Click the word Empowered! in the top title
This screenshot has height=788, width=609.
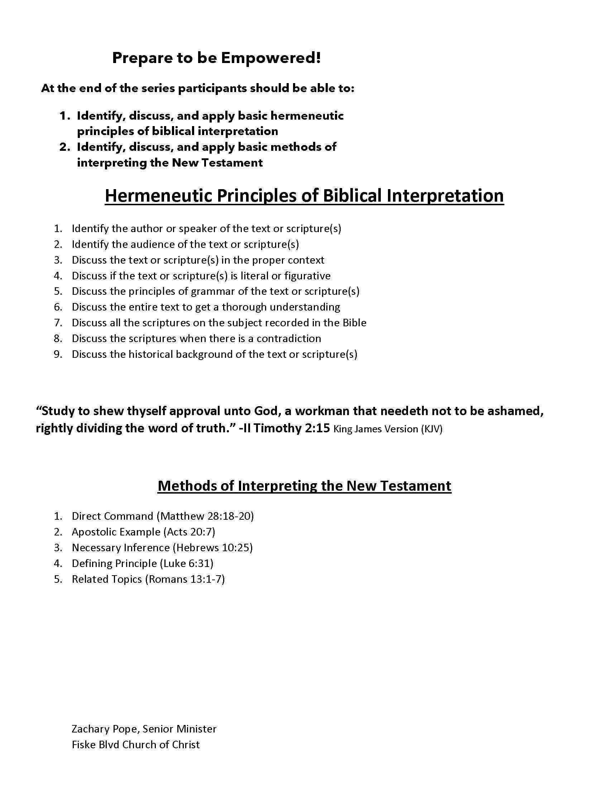[270, 58]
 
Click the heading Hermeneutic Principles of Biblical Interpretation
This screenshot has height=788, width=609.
[304, 196]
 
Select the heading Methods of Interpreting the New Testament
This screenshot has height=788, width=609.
[304, 486]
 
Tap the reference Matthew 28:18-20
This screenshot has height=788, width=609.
[205, 516]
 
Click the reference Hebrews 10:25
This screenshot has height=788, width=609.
[213, 548]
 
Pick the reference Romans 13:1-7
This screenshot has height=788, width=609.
[185, 579]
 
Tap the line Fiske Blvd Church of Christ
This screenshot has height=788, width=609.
[136, 745]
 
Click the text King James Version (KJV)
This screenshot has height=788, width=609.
[388, 429]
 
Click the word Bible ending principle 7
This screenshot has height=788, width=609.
[354, 323]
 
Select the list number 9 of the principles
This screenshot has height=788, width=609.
[58, 354]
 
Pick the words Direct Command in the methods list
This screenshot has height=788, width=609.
[112, 516]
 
